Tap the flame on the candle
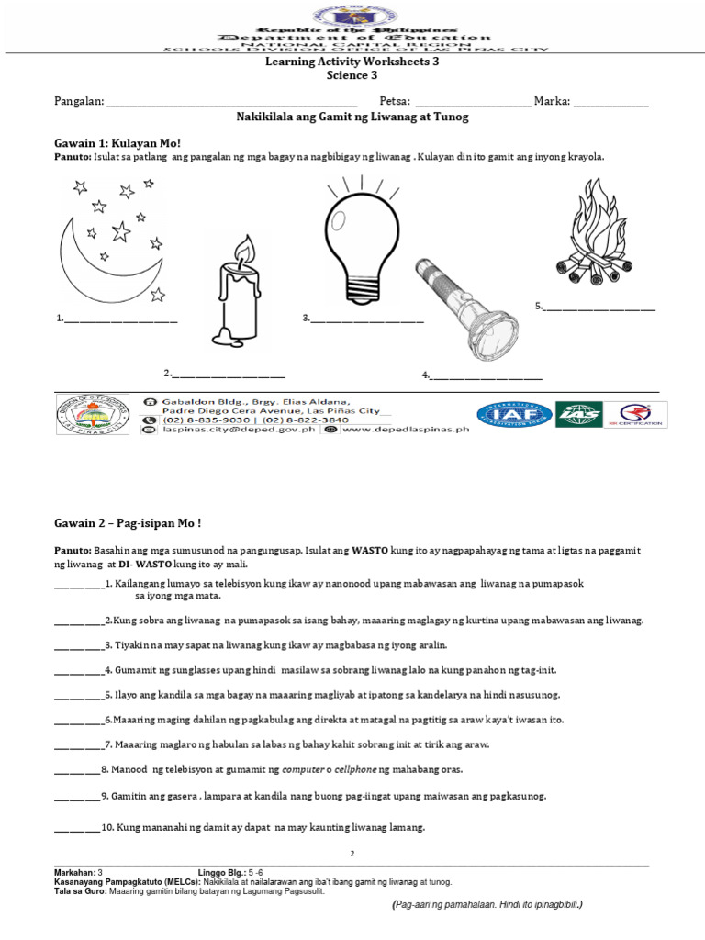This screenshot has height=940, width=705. (243, 249)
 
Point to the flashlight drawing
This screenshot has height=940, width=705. (459, 308)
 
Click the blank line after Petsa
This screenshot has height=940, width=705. (473, 102)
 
